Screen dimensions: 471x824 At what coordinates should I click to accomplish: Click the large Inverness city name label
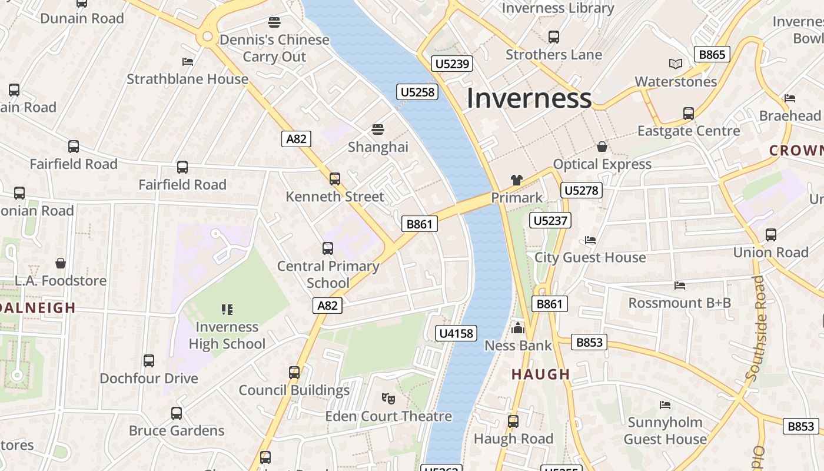pyautogui.click(x=529, y=98)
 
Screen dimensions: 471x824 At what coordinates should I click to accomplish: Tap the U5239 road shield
pyautogui.click(x=452, y=64)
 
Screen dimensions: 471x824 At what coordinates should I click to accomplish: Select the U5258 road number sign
pyautogui.click(x=418, y=92)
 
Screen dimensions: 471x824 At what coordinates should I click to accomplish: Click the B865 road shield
pyautogui.click(x=712, y=55)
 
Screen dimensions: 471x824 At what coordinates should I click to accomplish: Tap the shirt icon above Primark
pyautogui.click(x=517, y=180)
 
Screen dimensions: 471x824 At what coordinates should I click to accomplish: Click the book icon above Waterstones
pyautogui.click(x=676, y=64)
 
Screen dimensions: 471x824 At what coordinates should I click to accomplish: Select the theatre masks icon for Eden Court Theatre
pyautogui.click(x=388, y=399)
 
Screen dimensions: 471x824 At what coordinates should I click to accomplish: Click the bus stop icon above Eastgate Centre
pyautogui.click(x=688, y=113)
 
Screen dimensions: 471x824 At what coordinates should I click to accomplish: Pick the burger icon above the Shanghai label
pyautogui.click(x=377, y=129)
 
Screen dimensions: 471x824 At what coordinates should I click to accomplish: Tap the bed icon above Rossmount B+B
pyautogui.click(x=680, y=286)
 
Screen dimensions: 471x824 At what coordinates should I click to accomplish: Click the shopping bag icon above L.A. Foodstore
pyautogui.click(x=60, y=263)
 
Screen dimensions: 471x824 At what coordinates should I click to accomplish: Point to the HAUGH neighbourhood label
pyautogui.click(x=540, y=374)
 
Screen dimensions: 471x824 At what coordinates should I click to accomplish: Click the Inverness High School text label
pyautogui.click(x=227, y=336)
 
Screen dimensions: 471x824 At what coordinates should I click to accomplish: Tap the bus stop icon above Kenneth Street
pyautogui.click(x=335, y=178)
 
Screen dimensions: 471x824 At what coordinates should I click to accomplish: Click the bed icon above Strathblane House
pyautogui.click(x=188, y=61)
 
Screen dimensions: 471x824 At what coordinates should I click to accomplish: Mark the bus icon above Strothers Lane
pyautogui.click(x=553, y=37)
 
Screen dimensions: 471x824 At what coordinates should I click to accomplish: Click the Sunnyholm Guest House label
pyautogui.click(x=665, y=431)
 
